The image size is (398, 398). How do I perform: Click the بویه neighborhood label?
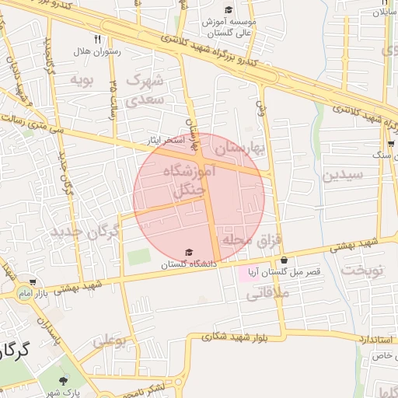click(x=82, y=80)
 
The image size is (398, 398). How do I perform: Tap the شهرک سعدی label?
click(x=146, y=89)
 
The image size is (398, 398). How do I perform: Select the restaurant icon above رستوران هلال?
click(x=97, y=39)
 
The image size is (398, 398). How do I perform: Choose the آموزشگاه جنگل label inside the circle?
click(x=184, y=180)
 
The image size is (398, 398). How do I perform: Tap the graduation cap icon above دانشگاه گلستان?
click(x=189, y=251)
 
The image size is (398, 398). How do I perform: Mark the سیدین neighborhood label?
click(x=344, y=175)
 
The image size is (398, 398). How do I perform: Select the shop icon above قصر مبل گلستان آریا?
click(x=285, y=260)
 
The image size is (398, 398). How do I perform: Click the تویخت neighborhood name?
click(x=364, y=271)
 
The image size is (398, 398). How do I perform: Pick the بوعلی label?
click(x=110, y=340)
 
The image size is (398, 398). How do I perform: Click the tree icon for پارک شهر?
click(x=62, y=381)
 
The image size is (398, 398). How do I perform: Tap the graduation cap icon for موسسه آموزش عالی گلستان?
click(x=227, y=9)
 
